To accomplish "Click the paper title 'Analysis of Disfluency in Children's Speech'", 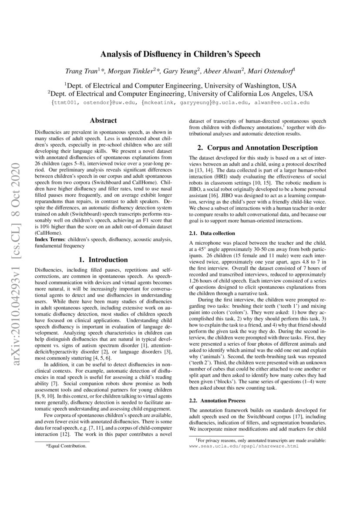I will [x=180, y=54].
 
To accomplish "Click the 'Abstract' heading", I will [x=103, y=121].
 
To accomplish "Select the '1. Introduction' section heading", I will [x=103, y=260].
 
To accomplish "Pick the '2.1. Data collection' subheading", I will [x=212, y=233].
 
